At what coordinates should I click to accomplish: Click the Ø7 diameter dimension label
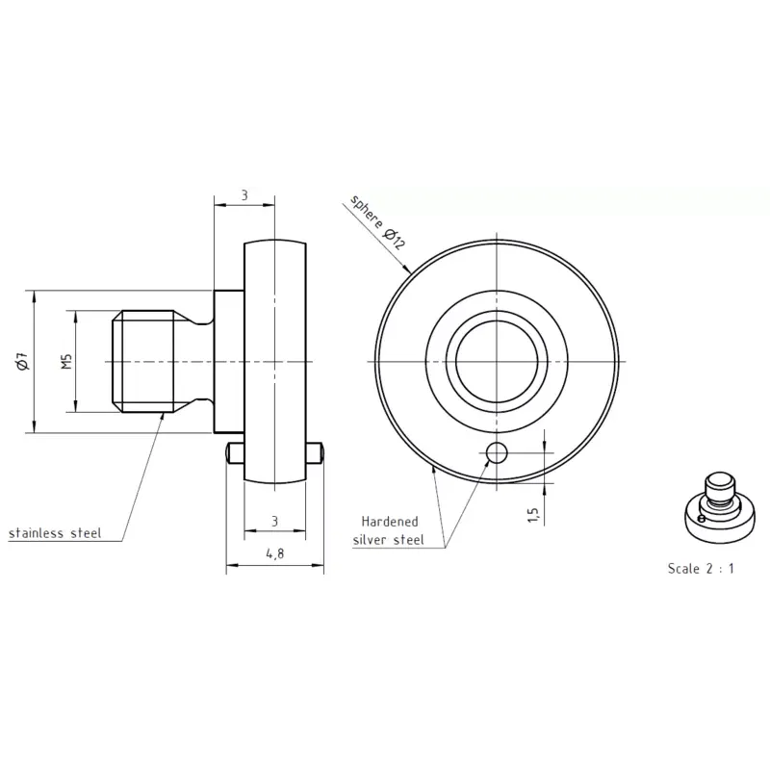[x=22, y=362]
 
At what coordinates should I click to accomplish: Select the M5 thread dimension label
[x=67, y=362]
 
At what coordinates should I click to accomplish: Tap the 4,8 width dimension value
[x=275, y=554]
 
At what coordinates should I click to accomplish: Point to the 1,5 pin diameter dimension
[x=534, y=515]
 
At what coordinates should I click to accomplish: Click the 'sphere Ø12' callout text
[x=377, y=222]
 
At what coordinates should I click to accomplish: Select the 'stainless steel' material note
[x=55, y=533]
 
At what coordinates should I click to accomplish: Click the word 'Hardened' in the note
[x=390, y=521]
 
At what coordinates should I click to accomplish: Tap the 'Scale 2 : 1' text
[x=701, y=568]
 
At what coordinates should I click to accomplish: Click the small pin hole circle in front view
[x=497, y=452]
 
